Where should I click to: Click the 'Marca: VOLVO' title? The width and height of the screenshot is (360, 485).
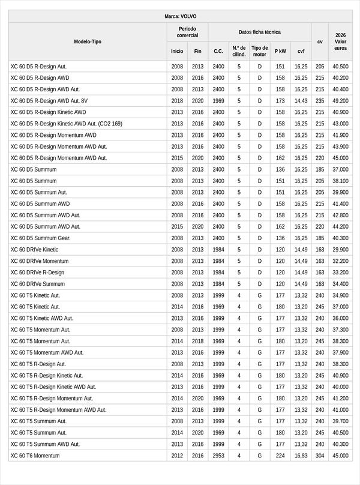click(x=180, y=16)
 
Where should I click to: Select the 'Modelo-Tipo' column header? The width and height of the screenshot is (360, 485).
click(x=88, y=41)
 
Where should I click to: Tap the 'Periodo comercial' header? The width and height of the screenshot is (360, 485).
click(x=187, y=32)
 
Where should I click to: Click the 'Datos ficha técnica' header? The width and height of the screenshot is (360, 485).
click(x=259, y=32)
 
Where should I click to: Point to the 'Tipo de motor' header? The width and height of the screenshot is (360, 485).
click(x=260, y=51)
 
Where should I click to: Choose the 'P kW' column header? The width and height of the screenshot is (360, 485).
click(x=280, y=51)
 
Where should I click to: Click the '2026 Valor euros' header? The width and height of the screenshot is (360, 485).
click(x=340, y=41)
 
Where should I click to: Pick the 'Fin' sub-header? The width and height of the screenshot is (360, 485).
click(x=198, y=51)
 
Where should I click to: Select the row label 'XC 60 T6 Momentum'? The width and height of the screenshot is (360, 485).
click(x=35, y=456)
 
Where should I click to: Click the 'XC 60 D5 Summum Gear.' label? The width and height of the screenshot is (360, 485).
click(x=40, y=238)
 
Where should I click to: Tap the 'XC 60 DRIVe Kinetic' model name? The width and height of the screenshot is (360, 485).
click(x=34, y=249)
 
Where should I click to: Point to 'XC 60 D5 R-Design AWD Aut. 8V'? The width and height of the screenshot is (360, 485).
click(x=49, y=101)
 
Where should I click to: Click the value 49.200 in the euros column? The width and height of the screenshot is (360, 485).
click(x=340, y=101)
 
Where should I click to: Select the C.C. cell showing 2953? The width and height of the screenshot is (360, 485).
click(x=218, y=456)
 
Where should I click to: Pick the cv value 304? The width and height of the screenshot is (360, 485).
click(x=320, y=456)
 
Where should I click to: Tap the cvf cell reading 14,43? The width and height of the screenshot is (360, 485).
click(x=301, y=101)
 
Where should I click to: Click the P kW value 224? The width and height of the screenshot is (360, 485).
click(x=280, y=456)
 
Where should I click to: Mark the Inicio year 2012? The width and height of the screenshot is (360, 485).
click(x=177, y=456)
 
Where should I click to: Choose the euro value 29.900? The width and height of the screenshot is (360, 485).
click(x=340, y=249)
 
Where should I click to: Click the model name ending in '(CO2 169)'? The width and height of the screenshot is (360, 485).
click(x=66, y=124)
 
